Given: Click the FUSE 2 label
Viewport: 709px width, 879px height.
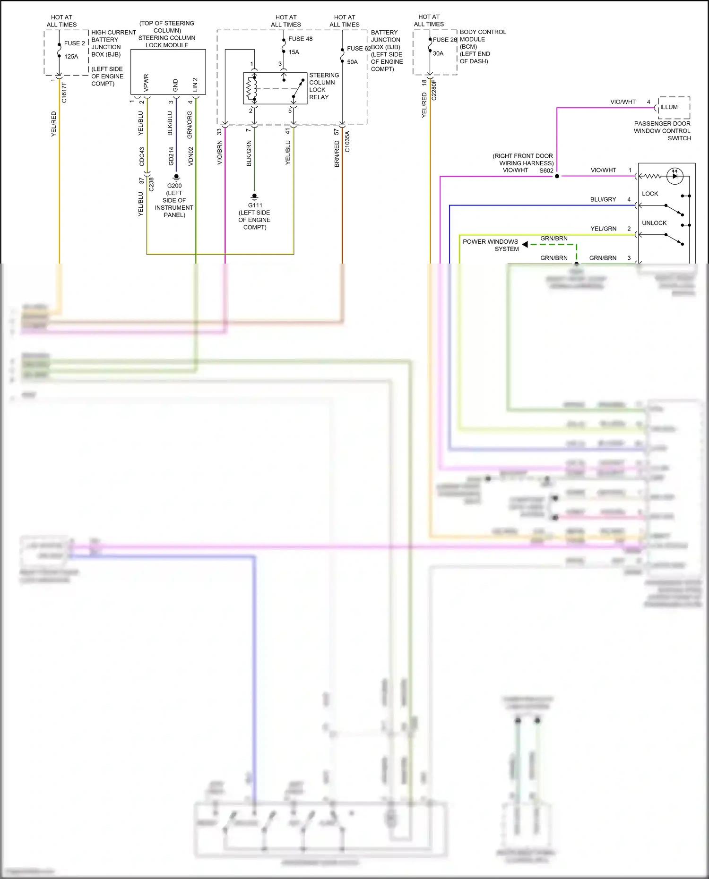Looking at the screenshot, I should click(x=74, y=43).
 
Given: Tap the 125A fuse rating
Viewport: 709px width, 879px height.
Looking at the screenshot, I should click(x=71, y=56).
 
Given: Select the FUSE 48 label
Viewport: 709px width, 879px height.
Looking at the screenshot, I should click(x=300, y=39).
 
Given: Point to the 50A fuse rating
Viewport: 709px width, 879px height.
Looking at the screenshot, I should click(x=352, y=62).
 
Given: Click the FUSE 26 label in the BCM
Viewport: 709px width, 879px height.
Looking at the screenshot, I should click(x=444, y=40).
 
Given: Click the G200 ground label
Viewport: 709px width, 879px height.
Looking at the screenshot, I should click(x=174, y=186).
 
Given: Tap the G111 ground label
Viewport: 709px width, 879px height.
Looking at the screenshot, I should click(x=255, y=205).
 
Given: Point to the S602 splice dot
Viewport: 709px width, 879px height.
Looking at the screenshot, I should click(x=557, y=176).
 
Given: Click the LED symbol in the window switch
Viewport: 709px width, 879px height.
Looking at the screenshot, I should click(x=674, y=176).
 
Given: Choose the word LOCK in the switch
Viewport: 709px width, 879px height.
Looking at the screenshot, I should click(x=650, y=194).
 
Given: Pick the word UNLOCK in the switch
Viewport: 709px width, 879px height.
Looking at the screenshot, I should click(x=654, y=223).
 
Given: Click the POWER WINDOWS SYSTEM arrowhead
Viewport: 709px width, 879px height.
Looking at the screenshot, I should click(x=525, y=244).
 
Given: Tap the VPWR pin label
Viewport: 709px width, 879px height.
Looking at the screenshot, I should click(x=146, y=83).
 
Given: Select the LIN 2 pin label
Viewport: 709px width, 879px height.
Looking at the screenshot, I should click(x=195, y=85).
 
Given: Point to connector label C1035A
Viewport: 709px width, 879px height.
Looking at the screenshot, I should click(x=347, y=142).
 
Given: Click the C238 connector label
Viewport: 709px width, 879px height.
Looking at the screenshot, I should click(x=151, y=184).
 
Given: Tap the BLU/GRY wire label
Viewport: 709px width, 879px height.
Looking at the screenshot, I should click(x=603, y=199).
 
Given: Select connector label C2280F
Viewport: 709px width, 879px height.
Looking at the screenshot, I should click(x=434, y=90).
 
